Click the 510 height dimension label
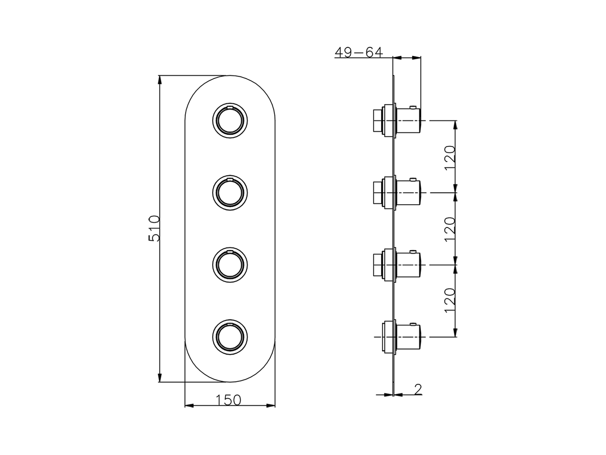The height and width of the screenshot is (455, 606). pos(155,228)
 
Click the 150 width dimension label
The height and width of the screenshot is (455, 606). pos(229,400)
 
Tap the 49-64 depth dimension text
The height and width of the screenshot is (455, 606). pos(358,52)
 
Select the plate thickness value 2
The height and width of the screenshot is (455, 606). pos(417,389)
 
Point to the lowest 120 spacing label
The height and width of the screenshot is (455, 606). pos(450,299)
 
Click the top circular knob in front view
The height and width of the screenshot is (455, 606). pos(230,120)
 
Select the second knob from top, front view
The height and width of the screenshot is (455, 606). pos(230,191)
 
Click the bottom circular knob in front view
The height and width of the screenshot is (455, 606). pos(230,336)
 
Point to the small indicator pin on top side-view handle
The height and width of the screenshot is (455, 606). pos(414,107)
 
